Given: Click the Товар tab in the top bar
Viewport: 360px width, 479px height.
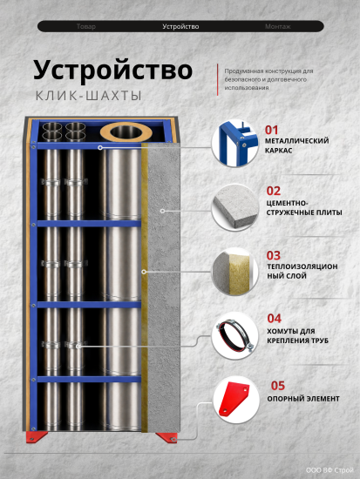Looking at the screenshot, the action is point(86,27).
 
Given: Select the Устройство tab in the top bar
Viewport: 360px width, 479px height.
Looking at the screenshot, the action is point(180,27).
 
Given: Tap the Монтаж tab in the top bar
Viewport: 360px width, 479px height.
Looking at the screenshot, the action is point(278,27).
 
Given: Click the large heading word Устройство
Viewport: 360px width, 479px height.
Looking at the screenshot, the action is point(112,71).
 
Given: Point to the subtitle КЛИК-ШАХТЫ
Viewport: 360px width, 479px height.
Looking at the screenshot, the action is point(89,96).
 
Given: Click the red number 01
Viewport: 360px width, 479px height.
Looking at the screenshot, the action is point(272,130).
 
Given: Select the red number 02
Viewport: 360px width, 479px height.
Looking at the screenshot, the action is point(274,191).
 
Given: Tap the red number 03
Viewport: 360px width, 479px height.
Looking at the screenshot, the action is point(274,255).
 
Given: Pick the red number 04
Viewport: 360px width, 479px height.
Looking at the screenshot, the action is point(274,318).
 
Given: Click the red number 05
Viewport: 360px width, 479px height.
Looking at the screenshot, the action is point(278,386).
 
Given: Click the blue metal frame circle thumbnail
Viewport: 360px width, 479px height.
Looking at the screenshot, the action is point(234,143).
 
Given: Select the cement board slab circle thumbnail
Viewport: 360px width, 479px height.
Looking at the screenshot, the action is point(234,207).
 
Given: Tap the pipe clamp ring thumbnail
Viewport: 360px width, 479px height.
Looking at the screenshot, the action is point(234,335).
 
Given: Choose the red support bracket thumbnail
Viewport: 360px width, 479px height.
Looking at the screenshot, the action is point(236,400).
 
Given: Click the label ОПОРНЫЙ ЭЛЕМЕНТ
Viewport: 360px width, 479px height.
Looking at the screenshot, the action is point(303,399).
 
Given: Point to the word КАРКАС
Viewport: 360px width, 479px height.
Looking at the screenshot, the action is point(279,151).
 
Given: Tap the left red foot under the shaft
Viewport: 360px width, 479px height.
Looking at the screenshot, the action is point(36,436).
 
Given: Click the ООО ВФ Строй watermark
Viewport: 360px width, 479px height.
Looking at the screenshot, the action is point(329,470).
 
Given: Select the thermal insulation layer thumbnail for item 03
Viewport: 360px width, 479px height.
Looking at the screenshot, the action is point(234,272).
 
